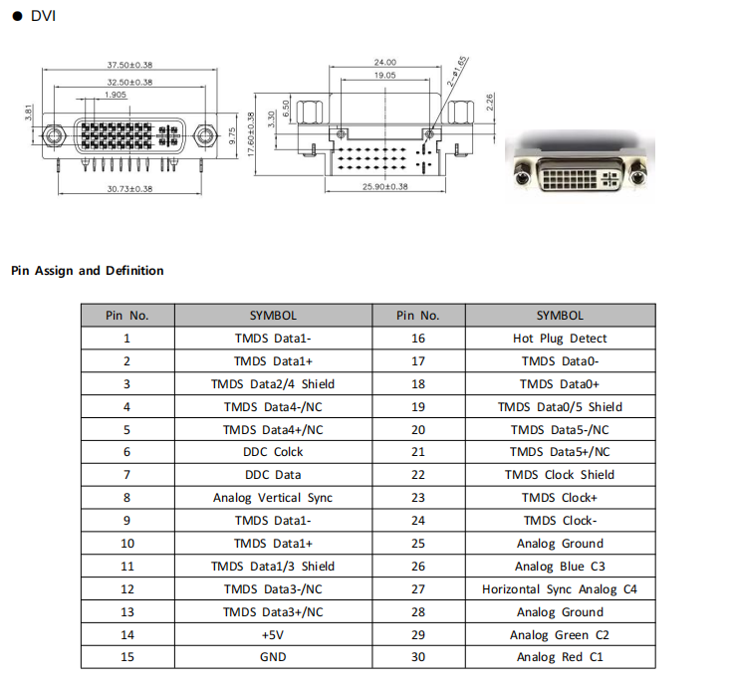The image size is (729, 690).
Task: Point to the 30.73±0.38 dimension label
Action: click(129, 188)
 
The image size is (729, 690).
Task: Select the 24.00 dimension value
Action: click(384, 62)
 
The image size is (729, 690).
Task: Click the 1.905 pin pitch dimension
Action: click(115, 96)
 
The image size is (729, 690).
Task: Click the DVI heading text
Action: click(43, 16)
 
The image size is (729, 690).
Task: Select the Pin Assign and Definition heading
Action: click(88, 271)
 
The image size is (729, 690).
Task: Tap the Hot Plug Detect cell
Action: click(560, 339)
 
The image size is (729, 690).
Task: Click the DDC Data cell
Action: click(273, 475)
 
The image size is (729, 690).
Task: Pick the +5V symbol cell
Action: click(273, 634)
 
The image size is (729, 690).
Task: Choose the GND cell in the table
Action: click(273, 657)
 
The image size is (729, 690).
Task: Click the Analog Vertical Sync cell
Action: click(273, 498)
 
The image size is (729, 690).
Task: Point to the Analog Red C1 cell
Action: click(560, 657)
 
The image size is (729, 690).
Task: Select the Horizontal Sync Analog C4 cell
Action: click(560, 589)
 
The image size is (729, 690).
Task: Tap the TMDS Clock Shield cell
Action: click(560, 475)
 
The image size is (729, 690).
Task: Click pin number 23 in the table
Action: click(417, 498)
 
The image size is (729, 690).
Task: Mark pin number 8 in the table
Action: click(126, 498)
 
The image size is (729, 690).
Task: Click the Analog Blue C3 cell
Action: click(560, 567)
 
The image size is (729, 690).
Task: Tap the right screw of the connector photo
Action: click(638, 178)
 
